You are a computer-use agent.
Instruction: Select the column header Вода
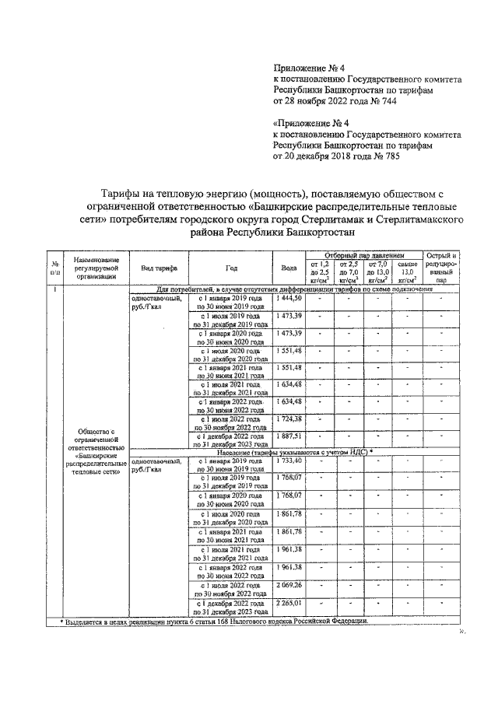288,268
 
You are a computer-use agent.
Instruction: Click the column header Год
231,268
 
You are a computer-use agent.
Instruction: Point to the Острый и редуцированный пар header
440,268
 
